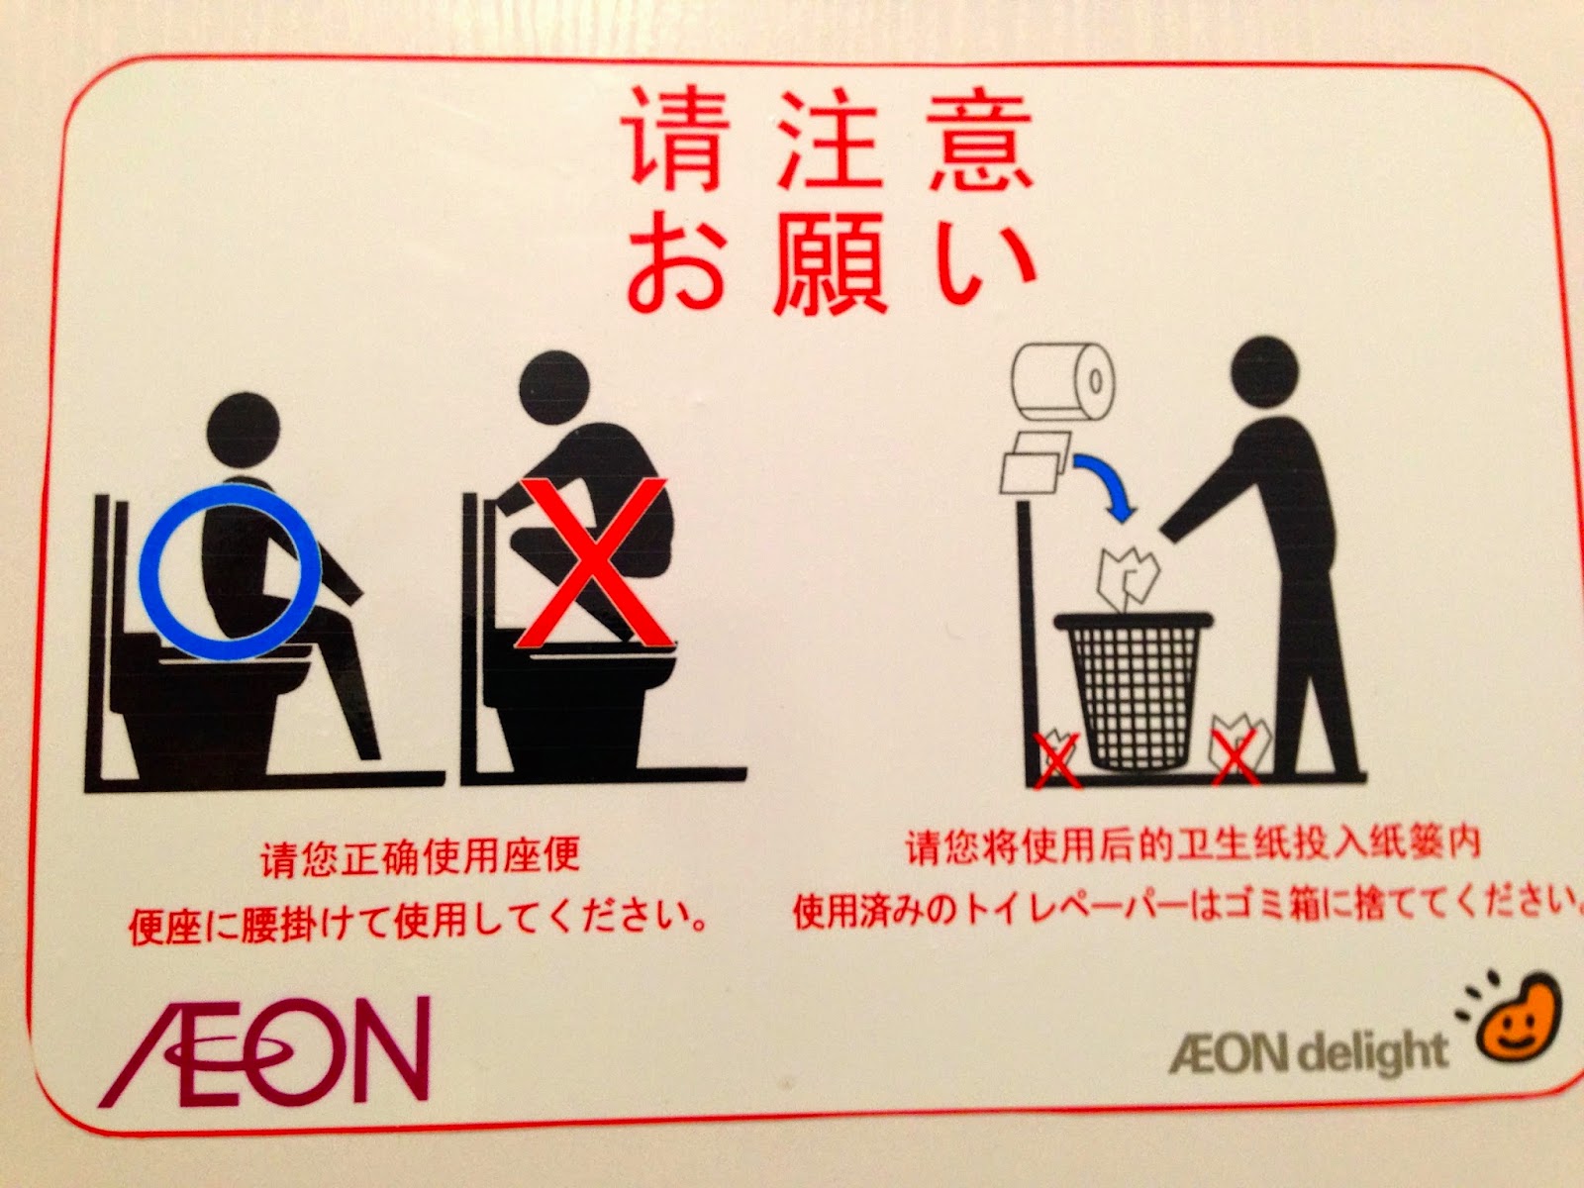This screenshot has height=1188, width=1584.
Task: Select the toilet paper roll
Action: pyautogui.click(x=1064, y=382)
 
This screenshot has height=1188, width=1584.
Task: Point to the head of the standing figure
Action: pyautogui.click(x=1265, y=370)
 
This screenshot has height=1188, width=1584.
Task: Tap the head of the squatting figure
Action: pyautogui.click(x=554, y=388)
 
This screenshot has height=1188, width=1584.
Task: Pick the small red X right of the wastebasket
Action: pyautogui.click(x=1236, y=756)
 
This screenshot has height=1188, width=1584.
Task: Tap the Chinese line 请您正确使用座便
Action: pyautogui.click(x=420, y=857)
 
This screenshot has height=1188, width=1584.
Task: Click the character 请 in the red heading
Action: pyautogui.click(x=672, y=141)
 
